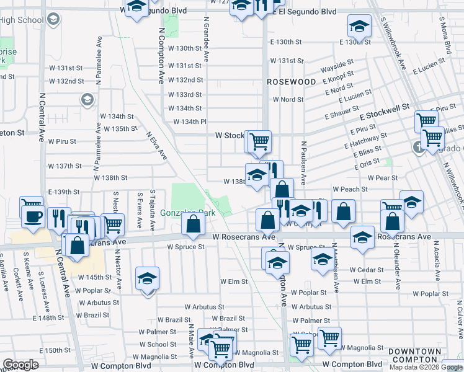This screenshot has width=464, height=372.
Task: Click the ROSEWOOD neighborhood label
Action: pos(292,82)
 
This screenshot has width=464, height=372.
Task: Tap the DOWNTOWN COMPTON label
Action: pos(414,355)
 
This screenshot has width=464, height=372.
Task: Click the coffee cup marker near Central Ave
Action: pos(32,215)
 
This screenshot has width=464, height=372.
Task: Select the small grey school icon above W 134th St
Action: pos(87,99)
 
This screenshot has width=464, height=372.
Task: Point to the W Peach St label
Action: pos(350,188)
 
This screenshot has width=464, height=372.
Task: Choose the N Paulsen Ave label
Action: pos(304,162)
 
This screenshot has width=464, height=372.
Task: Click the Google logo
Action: pos(21,365)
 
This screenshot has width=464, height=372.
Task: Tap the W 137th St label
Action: pos(65,166)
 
